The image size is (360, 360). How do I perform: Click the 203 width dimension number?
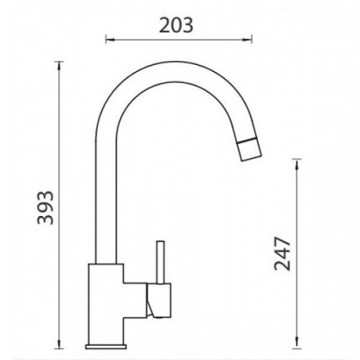[x=176, y=25]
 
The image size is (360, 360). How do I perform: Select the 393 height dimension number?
[x=45, y=208]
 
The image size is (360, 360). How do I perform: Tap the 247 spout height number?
[x=282, y=254]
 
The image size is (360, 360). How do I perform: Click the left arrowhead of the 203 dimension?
[x=110, y=39]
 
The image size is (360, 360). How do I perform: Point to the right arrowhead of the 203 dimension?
[x=248, y=39]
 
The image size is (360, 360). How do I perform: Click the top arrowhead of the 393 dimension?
[x=59, y=66]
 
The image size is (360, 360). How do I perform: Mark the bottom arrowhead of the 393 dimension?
[x=59, y=344]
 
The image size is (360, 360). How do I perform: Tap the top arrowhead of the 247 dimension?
[x=297, y=163]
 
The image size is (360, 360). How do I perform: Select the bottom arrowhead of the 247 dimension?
[x=297, y=342]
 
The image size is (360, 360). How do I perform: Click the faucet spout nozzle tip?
[x=250, y=149]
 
